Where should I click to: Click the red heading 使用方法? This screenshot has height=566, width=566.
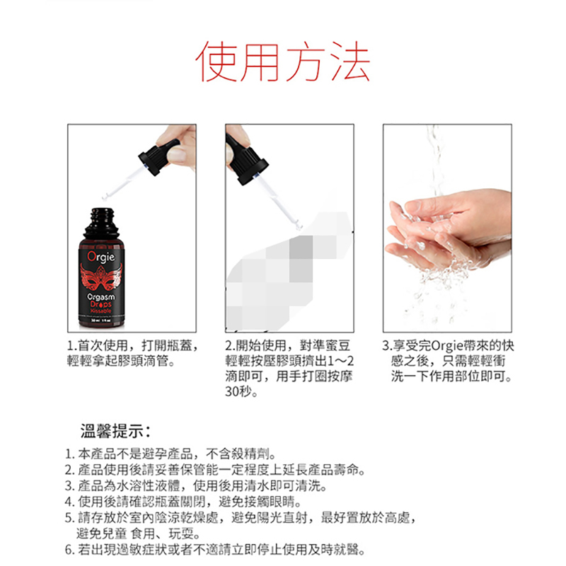tap(282, 61)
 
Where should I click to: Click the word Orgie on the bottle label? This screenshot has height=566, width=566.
tap(101, 256)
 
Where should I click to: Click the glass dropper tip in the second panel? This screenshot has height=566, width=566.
tap(299, 226)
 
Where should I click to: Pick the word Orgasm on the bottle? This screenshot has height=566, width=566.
tap(101, 297)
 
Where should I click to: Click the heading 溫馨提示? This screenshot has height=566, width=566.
tap(115, 431)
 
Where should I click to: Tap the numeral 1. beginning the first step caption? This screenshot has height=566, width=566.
tap(72, 346)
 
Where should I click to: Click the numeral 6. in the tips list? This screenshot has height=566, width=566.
tap(69, 550)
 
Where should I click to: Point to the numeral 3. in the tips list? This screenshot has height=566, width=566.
tap(69, 486)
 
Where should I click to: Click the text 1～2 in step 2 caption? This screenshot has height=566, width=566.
tap(340, 361)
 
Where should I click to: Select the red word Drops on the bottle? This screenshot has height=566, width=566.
tap(101, 304)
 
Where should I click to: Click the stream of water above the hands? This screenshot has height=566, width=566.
tap(436, 158)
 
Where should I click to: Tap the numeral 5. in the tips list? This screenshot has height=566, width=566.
tap(69, 518)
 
